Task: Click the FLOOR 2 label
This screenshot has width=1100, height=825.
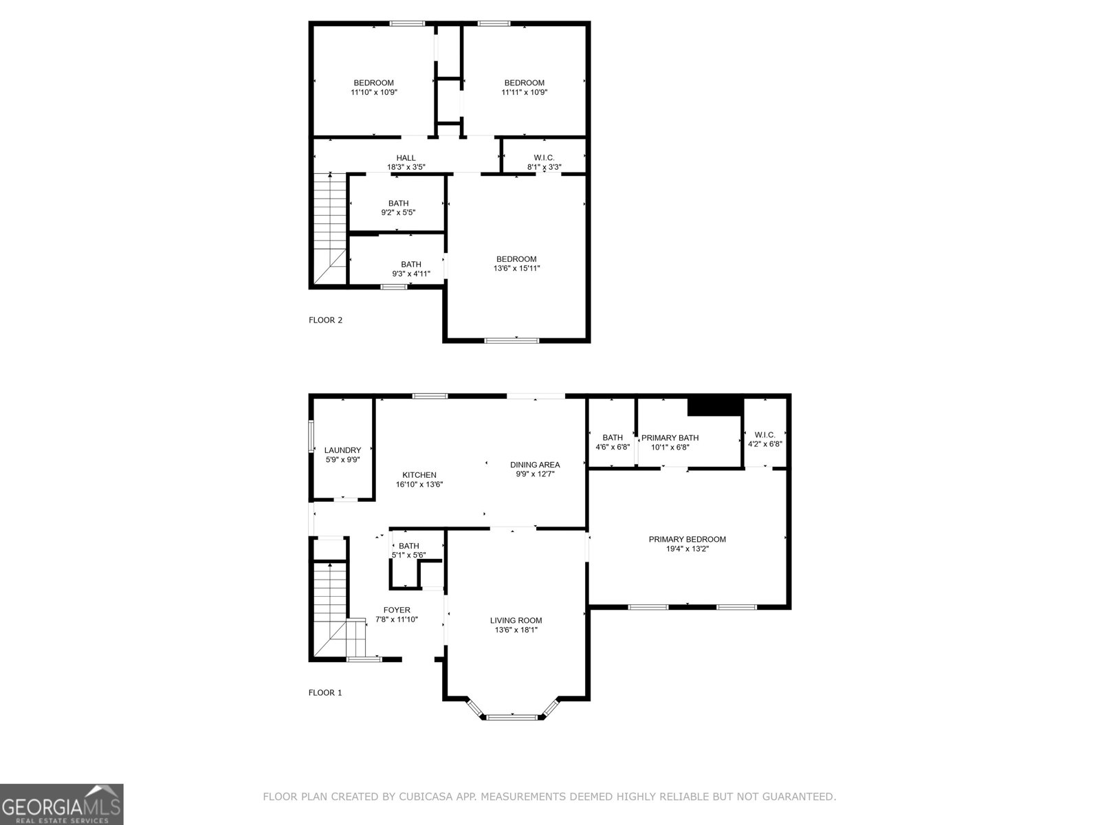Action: [x=325, y=320]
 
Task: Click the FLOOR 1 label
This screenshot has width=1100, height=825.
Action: [x=325, y=692]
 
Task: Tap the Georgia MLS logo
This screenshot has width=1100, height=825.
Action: [x=62, y=804]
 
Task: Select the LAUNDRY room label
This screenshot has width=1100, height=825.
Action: [x=342, y=450]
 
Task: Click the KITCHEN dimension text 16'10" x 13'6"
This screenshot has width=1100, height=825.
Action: [x=419, y=484]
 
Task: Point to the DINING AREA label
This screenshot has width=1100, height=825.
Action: [x=535, y=465]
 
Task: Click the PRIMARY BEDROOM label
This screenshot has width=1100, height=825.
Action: [x=687, y=539]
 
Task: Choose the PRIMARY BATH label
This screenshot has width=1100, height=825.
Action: [x=670, y=438]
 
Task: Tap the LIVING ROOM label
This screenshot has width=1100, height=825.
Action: [x=516, y=620]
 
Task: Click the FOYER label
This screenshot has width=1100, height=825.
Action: [x=397, y=610]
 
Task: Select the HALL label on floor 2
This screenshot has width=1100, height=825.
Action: [x=406, y=158]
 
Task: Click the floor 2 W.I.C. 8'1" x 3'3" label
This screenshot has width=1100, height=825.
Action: [x=544, y=162]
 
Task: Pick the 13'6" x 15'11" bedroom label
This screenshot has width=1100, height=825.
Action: [x=516, y=264]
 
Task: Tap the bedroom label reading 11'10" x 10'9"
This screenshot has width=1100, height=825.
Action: [x=373, y=87]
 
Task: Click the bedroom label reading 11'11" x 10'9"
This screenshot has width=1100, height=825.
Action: [x=524, y=87]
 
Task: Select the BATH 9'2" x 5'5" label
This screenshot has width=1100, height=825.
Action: [x=398, y=208]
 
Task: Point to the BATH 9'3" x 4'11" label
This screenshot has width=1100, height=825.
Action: [x=411, y=269]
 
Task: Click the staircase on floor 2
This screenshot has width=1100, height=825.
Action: [x=331, y=227]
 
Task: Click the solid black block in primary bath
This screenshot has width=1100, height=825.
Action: [x=715, y=406]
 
